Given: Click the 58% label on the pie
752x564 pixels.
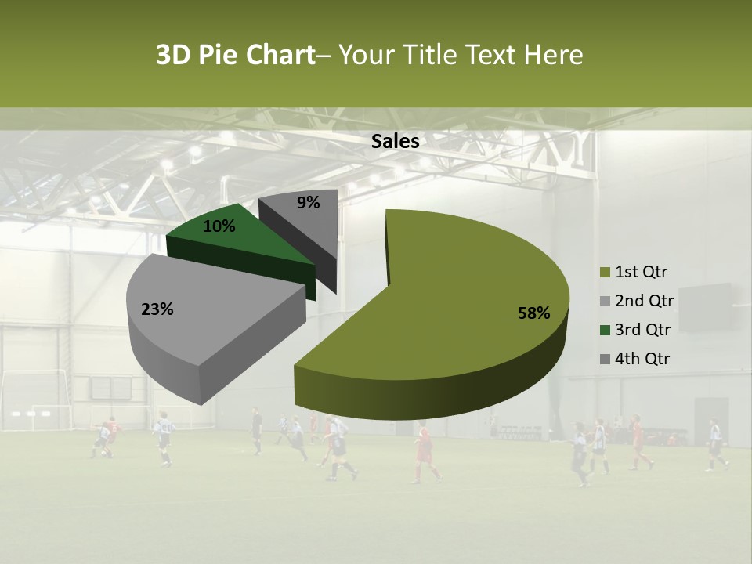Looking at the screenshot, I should pyautogui.click(x=533, y=313).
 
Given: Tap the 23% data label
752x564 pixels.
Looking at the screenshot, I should pyautogui.click(x=157, y=309).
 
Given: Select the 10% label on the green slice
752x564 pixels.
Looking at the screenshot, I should pyautogui.click(x=219, y=226).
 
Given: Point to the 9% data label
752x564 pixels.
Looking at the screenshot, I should pyautogui.click(x=309, y=203).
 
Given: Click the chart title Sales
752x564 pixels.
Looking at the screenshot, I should pyautogui.click(x=396, y=141).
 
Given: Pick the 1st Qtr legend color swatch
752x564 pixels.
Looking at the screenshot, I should pyautogui.click(x=605, y=273).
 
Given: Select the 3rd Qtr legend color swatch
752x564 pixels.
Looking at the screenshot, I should pyautogui.click(x=605, y=330).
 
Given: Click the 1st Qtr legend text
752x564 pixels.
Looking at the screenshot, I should pyautogui.click(x=642, y=273).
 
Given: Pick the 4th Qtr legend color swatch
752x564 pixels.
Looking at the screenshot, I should pyautogui.click(x=605, y=359).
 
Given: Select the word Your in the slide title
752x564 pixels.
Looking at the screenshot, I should pyautogui.click(x=369, y=55).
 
